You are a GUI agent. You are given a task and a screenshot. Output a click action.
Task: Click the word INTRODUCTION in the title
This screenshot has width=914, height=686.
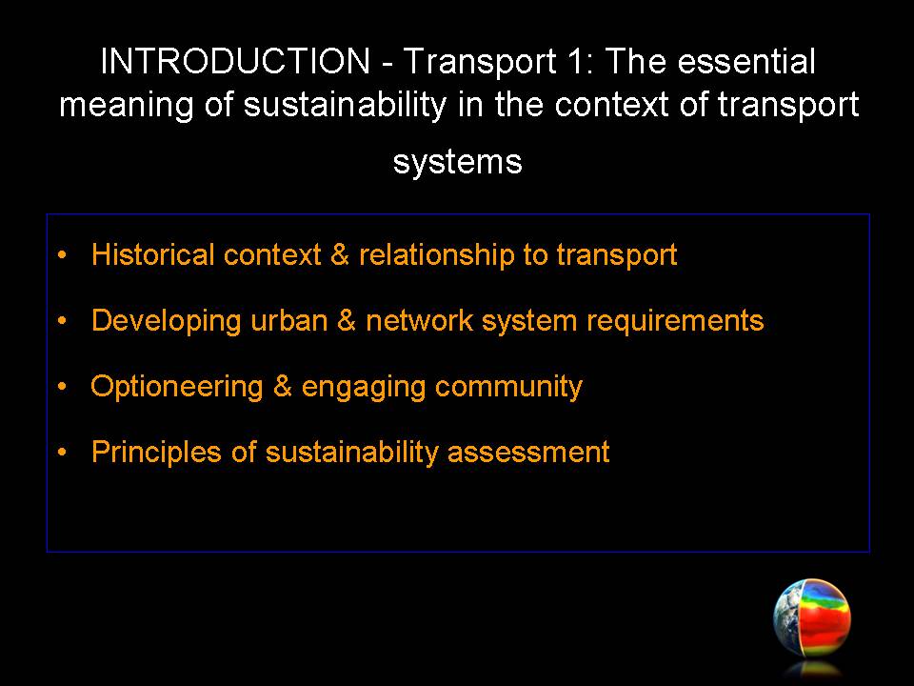coord(235,61)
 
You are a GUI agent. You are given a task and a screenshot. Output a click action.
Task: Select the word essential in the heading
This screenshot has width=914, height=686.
coord(745,61)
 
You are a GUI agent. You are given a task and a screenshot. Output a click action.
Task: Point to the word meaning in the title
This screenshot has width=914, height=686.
coord(127,106)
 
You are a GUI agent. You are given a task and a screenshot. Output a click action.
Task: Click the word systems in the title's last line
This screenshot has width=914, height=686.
coord(458,162)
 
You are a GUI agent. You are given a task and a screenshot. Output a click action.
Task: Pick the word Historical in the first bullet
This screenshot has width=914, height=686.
coord(152,254)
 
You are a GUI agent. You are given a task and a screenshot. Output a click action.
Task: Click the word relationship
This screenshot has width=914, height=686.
coord(435,255)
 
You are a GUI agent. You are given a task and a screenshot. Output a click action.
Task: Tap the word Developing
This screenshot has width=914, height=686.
coord(166,321)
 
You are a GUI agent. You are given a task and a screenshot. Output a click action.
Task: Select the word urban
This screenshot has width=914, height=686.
coord(288,320)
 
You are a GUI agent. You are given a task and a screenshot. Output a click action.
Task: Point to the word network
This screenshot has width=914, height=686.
coord(419,320)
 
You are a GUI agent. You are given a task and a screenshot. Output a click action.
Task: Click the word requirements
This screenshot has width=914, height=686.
coord(675,321)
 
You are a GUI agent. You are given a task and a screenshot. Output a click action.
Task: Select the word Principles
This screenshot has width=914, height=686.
coord(156,453)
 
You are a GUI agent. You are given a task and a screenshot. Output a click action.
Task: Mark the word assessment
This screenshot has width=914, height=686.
coord(528,453)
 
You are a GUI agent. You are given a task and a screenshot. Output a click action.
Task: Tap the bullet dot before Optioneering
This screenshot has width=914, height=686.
coord(63,386)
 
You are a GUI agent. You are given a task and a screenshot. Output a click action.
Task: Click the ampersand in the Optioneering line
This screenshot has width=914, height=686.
coord(282,386)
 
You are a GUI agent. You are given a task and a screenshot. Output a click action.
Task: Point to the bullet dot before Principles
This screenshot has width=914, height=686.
coord(63,452)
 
